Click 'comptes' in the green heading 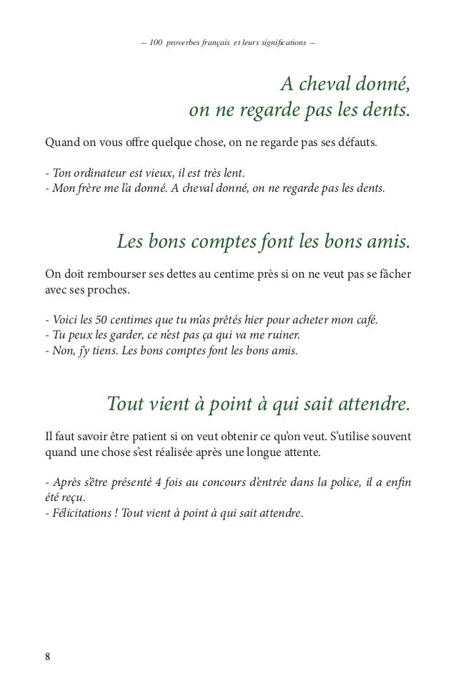tap(214, 244)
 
